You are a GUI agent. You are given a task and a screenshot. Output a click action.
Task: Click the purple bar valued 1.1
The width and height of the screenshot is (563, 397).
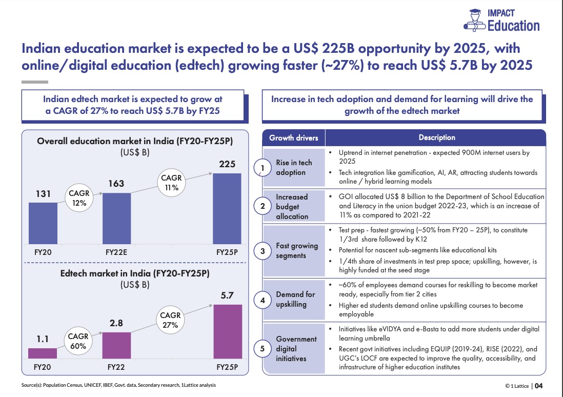click(x=43, y=353)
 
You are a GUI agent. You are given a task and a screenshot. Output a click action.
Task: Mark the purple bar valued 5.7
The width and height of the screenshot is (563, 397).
click(x=227, y=331)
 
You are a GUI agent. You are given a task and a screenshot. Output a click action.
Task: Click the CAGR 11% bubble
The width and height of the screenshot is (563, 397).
click(x=171, y=182)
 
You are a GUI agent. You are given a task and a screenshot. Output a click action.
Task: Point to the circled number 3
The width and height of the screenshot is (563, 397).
click(x=263, y=251)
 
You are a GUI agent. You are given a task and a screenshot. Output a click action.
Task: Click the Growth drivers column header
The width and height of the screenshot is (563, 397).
click(x=294, y=137)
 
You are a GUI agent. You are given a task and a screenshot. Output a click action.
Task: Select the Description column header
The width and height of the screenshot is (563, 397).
click(x=436, y=137)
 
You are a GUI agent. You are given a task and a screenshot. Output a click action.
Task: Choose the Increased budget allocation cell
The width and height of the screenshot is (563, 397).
click(x=292, y=207)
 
